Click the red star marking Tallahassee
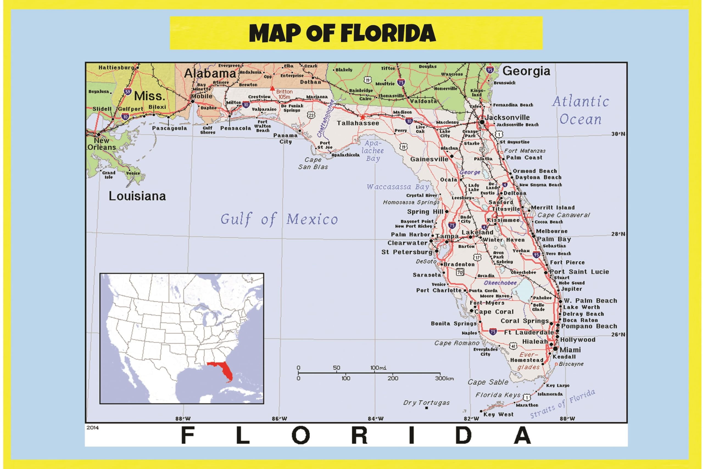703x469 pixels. (x=362, y=117)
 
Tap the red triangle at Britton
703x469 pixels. (x=272, y=88)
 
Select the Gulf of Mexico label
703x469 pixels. (x=279, y=219)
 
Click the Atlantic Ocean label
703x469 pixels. (x=580, y=110)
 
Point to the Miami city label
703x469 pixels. (x=570, y=350)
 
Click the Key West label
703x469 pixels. (x=498, y=414)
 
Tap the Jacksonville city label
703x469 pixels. (x=507, y=117)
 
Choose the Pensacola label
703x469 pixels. (x=236, y=128)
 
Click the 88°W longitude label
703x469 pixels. (x=183, y=419)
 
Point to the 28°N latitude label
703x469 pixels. (x=618, y=234)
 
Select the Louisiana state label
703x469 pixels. (x=137, y=196)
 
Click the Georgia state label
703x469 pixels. (x=526, y=71)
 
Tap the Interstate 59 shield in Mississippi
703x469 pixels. (x=128, y=91)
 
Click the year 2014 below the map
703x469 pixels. (x=92, y=428)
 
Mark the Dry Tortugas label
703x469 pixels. (x=426, y=403)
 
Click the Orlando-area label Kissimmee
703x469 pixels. (x=503, y=220)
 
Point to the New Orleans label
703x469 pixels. (x=102, y=144)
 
